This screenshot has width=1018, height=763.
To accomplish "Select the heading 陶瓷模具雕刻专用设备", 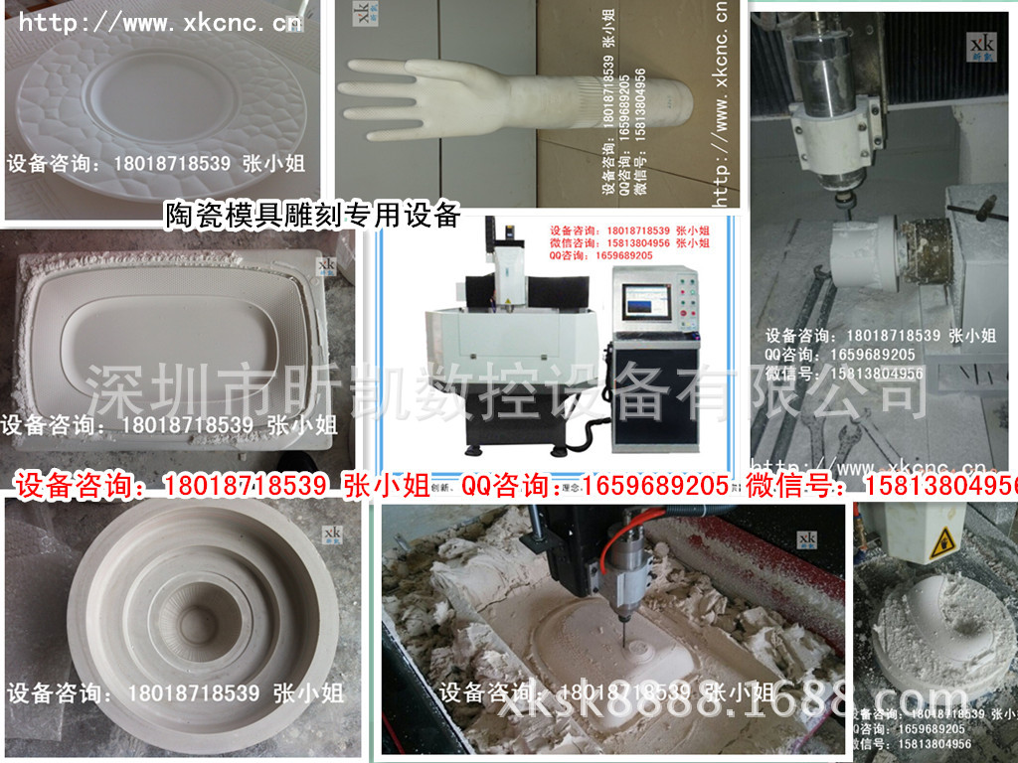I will (x=312, y=215).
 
